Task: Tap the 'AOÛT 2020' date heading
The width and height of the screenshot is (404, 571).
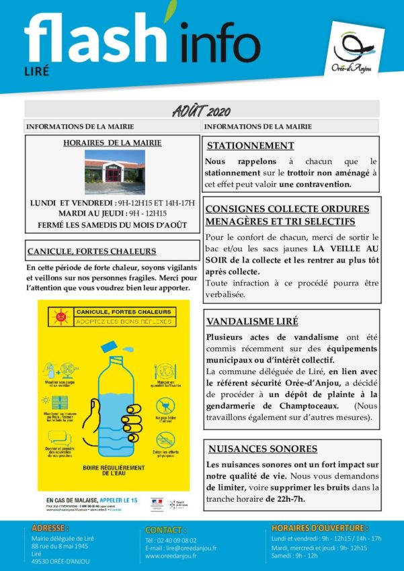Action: click(201, 109)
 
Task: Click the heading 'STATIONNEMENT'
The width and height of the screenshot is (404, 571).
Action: click(250, 146)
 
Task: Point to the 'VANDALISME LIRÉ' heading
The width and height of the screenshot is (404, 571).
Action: click(252, 321)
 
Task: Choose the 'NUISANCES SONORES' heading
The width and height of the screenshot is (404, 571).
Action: click(262, 449)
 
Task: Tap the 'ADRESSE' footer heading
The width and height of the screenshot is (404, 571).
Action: click(52, 528)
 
